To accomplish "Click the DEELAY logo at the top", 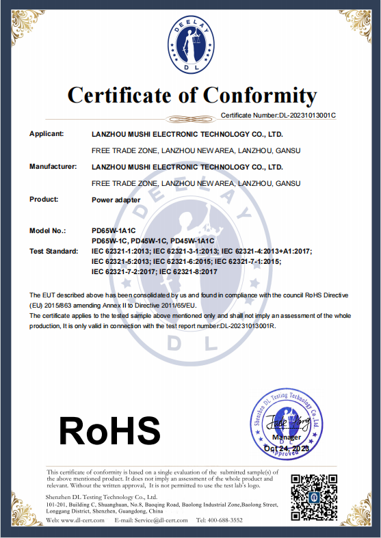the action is coord(191,44).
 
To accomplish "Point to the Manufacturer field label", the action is coord(53,166).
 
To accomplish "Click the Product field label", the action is coord(44,199).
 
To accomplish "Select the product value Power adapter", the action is coord(116,201).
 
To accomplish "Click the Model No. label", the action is coord(48,232).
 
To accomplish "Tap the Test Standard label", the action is coord(53,252).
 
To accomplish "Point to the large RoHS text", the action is coord(109,431).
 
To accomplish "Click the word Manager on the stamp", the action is coord(286,437).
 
